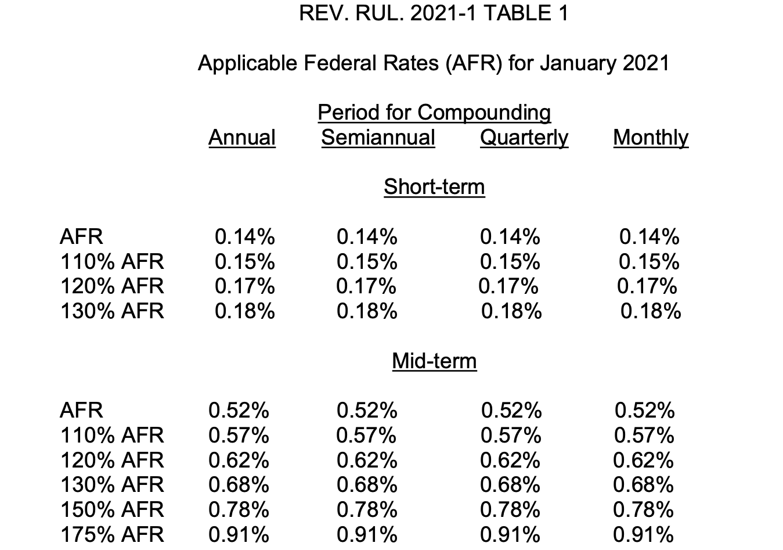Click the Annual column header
coord(242,138)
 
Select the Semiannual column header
coord(378,138)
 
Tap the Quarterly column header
coord(524,138)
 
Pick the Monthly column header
coord(651,138)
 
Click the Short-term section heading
coord(434,187)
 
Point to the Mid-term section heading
coord(434,361)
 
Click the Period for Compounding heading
coord(434,113)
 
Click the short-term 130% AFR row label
coord(112,311)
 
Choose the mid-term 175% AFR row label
coord(112,534)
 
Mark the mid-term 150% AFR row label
coord(112,509)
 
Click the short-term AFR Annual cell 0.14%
coord(245,236)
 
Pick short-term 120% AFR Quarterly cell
coord(508,286)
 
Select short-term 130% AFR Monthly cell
coord(651,311)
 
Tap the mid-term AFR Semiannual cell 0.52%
coord(367,410)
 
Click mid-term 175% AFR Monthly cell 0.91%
coord(643,534)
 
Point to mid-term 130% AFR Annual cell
coord(239,484)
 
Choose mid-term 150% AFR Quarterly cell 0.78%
coord(510,509)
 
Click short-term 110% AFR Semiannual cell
coord(367,261)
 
